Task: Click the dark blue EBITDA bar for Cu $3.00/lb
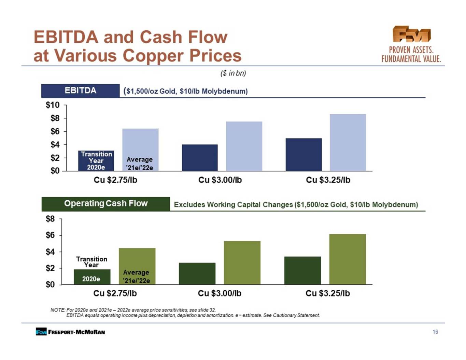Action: point(200,158)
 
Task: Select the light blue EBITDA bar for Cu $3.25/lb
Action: point(348,143)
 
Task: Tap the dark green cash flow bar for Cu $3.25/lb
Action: point(302,271)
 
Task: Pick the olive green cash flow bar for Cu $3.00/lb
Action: point(242,263)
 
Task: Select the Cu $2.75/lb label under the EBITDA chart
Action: point(115,180)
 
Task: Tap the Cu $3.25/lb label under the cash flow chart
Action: point(327,293)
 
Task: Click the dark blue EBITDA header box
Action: point(81,91)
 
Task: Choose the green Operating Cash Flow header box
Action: point(106,204)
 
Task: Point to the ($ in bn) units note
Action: point(233,73)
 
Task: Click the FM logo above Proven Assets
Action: point(411,34)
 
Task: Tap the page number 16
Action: point(435,332)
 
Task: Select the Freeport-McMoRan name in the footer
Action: point(76,332)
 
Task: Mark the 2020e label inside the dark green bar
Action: point(91,279)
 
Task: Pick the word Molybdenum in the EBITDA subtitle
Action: point(225,91)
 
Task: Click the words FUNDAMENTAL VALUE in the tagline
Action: point(411,59)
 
